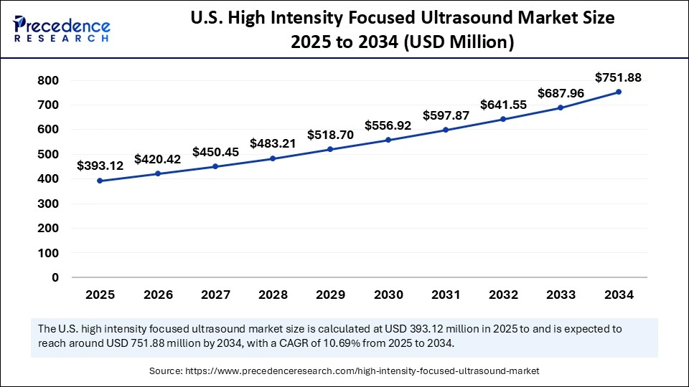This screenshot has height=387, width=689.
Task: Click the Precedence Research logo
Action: coord(62,28)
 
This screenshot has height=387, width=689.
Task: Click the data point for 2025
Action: coord(100,181)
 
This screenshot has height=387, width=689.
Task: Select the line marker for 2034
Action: coord(619,92)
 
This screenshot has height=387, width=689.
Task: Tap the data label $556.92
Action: coord(388,125)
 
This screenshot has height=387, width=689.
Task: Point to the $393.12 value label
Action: coord(100,166)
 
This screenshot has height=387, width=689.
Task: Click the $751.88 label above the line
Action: coord(619,77)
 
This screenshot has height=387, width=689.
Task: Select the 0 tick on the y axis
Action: coord(55,277)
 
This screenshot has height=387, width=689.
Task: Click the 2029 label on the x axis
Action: coord(330,294)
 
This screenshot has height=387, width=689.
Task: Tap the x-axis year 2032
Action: coord(503,294)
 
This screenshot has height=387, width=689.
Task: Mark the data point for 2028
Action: coord(273,158)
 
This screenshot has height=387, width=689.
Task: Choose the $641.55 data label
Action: coord(503,104)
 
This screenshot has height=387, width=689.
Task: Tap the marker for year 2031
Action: coord(446,130)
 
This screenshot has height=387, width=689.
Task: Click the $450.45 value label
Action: coord(215,151)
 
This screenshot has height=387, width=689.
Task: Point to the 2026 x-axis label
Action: coord(157,294)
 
